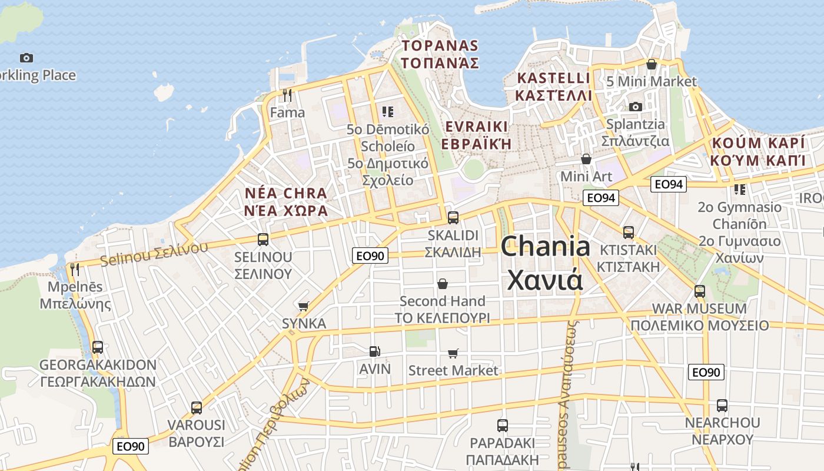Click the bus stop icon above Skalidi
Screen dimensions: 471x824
[x=453, y=217]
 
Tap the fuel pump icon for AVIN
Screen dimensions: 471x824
[x=374, y=351]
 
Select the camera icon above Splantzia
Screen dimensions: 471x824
[x=635, y=107]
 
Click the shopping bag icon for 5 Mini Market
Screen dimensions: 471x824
[x=652, y=64]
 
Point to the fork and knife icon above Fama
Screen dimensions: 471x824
[x=287, y=95]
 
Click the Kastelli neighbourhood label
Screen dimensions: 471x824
[x=553, y=87]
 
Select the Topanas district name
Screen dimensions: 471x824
[x=440, y=54]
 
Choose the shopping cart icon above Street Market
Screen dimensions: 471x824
[x=453, y=353]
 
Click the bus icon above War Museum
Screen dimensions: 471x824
[x=699, y=291]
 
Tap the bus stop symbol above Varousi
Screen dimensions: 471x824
[x=197, y=407]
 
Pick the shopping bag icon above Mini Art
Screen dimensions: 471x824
[x=586, y=159]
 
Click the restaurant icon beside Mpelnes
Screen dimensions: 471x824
[x=75, y=270]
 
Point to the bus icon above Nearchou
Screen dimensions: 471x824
[x=722, y=405]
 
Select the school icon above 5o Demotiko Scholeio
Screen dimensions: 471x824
[x=387, y=111]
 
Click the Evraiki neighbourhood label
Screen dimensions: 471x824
[x=476, y=135]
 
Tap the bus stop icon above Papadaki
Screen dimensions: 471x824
[x=502, y=425]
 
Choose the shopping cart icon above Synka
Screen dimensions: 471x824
[x=304, y=306]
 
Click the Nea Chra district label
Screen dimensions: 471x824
[x=286, y=201]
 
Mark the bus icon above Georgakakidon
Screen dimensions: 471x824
[x=98, y=347]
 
